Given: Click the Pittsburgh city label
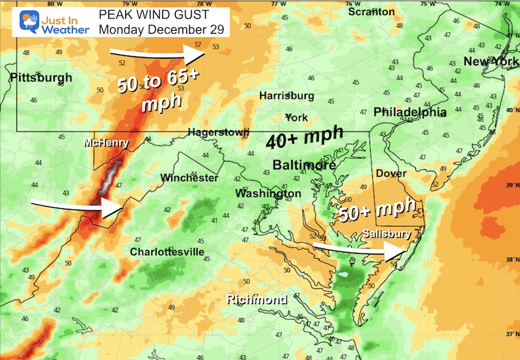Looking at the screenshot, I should tap(41, 78).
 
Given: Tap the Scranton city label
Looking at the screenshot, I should tap(371, 12).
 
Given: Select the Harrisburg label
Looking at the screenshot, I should tap(286, 96).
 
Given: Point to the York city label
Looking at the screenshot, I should tap(296, 116).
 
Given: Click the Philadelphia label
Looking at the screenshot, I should tap(410, 112).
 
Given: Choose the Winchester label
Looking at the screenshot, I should tap(190, 178).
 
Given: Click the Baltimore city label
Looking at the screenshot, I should tap(304, 165).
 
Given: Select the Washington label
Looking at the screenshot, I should tap(268, 194).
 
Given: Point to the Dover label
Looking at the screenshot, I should tap(392, 174).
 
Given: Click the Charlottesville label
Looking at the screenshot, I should tap(167, 252).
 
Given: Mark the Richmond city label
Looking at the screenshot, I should tap(257, 300).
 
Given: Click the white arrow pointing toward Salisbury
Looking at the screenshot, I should tap(360, 248).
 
